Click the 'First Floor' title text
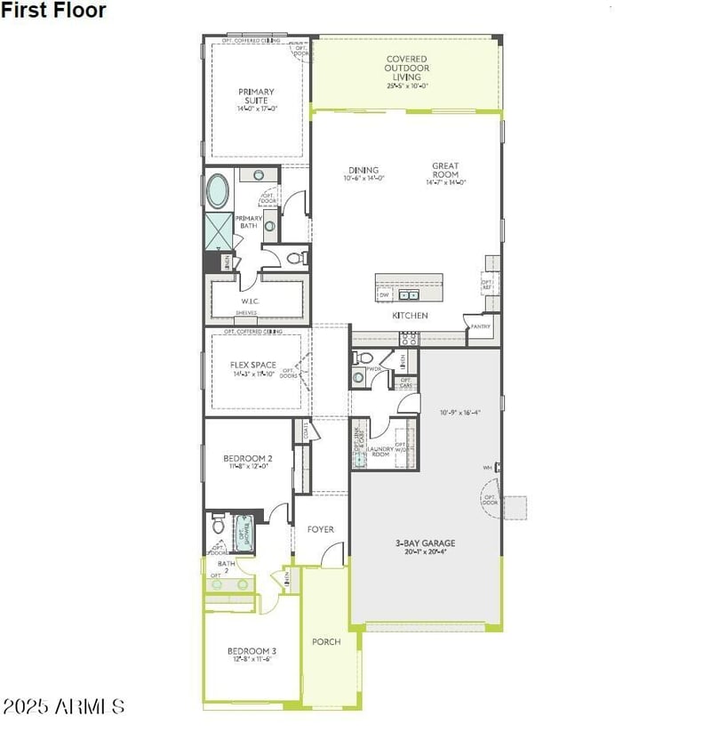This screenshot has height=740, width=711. point(53,11)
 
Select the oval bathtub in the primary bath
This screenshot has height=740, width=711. point(218,190)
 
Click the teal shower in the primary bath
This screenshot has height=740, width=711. point(218,231)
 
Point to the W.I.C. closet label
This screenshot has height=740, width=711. point(248,302)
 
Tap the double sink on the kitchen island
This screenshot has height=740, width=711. point(409,294)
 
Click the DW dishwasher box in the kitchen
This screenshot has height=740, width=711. point(384,294)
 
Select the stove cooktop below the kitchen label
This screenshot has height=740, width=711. point(409,338)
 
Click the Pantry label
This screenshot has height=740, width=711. point(481,326)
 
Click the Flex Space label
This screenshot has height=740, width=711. point(253,365)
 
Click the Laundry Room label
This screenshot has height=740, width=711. point(380,451)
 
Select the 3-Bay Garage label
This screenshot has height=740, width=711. point(426,543)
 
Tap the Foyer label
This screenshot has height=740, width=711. point(320,529)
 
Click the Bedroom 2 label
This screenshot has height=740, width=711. point(248,459)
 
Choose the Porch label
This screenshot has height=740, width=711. point(326,641)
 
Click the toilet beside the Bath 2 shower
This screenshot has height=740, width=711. point(218,526)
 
